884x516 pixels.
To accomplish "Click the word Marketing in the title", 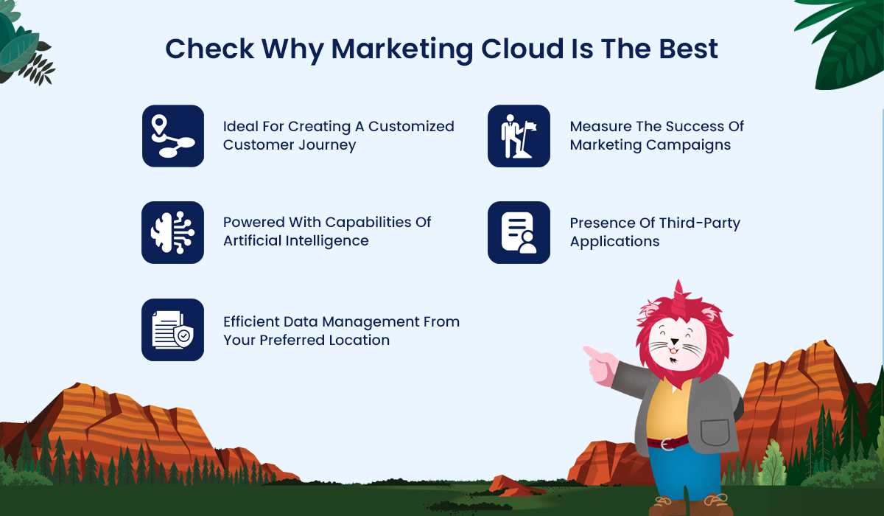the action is [401, 50].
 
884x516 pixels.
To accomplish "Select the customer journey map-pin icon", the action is [173, 136].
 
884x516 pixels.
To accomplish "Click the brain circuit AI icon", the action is [173, 232].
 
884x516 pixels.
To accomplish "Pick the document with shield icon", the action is [173, 330].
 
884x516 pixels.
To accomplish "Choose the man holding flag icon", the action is [519, 136].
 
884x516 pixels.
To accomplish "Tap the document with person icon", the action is [519, 232].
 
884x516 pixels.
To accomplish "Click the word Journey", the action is [327, 145].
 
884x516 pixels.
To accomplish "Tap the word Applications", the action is [614, 242].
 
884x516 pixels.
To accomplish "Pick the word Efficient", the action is [251, 321].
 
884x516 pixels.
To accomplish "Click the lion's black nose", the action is [675, 341].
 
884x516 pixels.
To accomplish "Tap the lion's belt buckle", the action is [667, 444].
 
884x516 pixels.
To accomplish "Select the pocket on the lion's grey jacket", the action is [715, 432].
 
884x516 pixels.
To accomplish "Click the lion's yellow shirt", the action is [667, 411].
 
